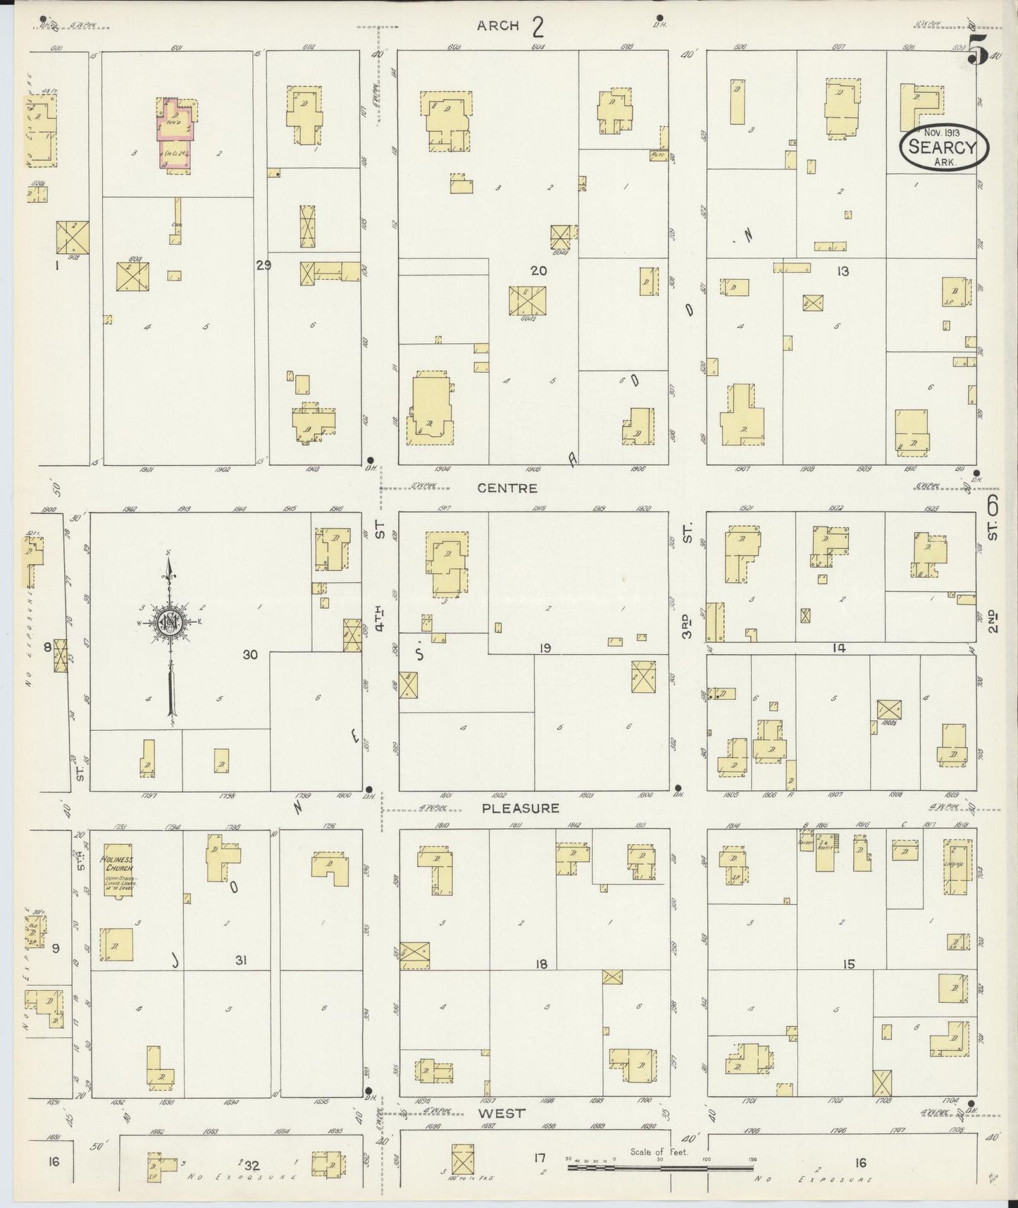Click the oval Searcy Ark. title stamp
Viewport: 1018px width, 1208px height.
[x=943, y=147]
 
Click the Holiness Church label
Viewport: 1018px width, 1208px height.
[x=117, y=863]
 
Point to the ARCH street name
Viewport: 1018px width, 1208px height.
[x=498, y=26]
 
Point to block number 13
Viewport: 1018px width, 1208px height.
[x=843, y=271]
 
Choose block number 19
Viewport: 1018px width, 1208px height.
[x=545, y=648]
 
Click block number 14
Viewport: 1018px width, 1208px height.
[x=838, y=648]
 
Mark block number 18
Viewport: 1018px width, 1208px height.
[x=540, y=963]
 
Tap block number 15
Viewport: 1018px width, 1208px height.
[x=848, y=963]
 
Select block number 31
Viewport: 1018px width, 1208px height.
[x=241, y=959]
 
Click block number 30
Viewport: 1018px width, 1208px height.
[x=250, y=655]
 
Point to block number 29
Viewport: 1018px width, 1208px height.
[x=263, y=265]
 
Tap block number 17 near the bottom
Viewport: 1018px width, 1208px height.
[x=540, y=1157]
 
